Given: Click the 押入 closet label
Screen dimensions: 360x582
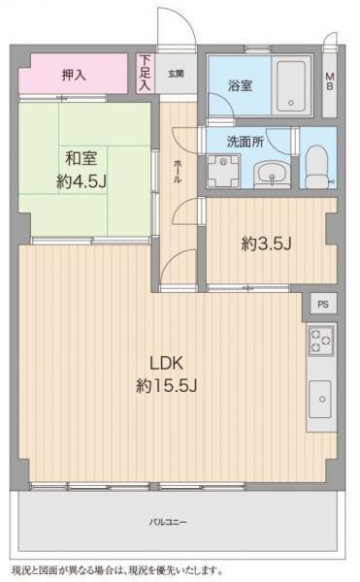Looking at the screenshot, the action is [x=74, y=76].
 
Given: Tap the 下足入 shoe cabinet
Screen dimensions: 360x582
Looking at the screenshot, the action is [x=146, y=73].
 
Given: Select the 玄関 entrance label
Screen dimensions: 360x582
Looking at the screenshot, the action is [x=176, y=74].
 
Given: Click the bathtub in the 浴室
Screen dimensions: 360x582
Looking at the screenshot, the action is [x=291, y=86].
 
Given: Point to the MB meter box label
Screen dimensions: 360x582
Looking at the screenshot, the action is [x=330, y=81].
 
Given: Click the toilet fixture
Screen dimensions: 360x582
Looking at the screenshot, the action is [x=318, y=167].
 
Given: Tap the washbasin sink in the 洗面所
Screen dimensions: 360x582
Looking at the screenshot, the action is [x=272, y=175].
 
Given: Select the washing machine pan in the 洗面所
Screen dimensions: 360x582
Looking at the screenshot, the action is [x=223, y=171].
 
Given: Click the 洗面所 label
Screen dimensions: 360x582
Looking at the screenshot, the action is [x=245, y=142].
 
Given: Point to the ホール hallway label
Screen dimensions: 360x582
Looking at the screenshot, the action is [x=178, y=171].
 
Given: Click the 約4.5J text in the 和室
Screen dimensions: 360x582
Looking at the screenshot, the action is [x=82, y=181].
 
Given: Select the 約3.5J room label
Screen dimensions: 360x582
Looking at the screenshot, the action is [x=266, y=243].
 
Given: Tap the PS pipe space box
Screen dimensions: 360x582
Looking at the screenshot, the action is [x=323, y=304].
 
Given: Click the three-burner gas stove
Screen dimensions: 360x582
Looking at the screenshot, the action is [x=321, y=340].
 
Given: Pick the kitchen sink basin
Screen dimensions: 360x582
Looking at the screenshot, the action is [x=320, y=399].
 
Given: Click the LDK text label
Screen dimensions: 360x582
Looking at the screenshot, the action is [x=166, y=363].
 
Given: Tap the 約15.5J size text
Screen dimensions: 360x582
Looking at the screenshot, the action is [x=166, y=386].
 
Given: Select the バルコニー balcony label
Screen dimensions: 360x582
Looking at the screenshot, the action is [x=168, y=523].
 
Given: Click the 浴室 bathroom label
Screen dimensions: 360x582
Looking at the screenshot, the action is [x=240, y=85].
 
